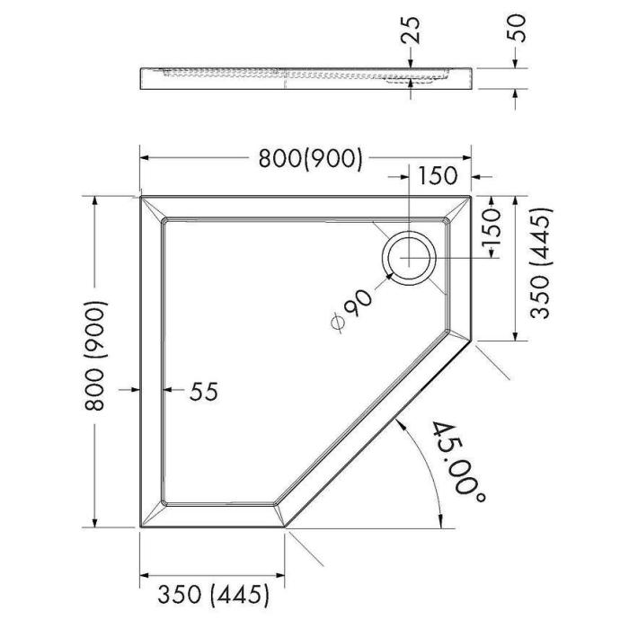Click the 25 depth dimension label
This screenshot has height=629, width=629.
point(411,30)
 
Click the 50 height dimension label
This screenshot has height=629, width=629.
point(517,28)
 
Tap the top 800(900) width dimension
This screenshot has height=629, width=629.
point(310,158)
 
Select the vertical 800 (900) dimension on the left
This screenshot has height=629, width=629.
point(95,356)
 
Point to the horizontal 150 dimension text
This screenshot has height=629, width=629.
point(438,176)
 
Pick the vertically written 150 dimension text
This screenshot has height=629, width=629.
point(492,228)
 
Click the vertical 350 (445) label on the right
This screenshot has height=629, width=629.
point(541,262)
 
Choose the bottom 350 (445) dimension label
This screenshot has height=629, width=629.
point(213,594)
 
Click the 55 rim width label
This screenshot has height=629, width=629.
point(204,391)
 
